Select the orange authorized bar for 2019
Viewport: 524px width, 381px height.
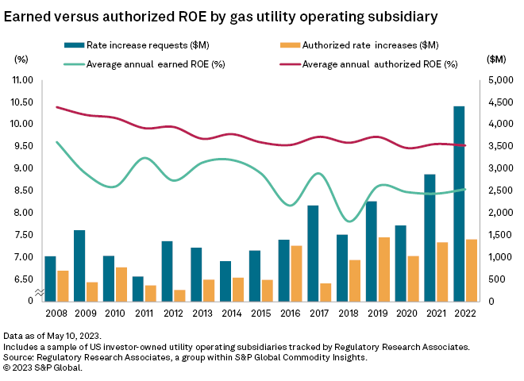click(383, 269)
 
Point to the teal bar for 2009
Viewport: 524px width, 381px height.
click(79, 265)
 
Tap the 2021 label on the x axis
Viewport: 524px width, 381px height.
click(430, 314)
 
